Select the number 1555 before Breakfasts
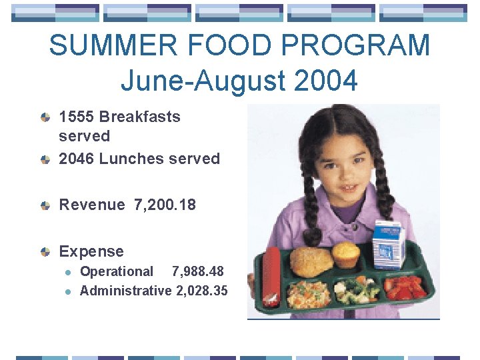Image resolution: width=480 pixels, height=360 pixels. (76, 117)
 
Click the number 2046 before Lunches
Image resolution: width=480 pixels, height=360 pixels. (76, 159)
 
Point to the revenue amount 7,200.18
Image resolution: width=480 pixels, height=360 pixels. (165, 205)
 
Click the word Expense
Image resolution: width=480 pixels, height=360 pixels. (91, 251)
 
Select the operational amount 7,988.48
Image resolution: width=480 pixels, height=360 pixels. (198, 271)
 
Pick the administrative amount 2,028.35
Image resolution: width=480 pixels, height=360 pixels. (202, 291)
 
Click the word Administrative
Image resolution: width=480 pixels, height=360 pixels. (126, 291)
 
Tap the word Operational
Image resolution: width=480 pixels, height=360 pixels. (117, 271)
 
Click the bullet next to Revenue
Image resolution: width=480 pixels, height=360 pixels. (45, 205)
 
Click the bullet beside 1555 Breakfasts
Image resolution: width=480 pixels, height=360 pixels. (45, 117)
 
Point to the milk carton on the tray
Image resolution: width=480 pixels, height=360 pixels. (387, 243)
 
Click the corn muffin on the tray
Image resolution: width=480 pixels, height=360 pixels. (346, 254)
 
